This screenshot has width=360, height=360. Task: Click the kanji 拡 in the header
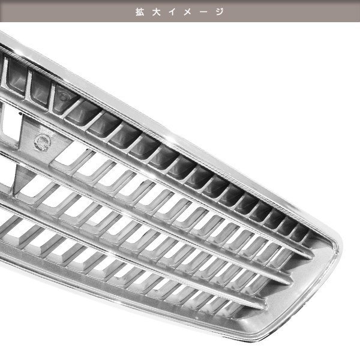(140, 12)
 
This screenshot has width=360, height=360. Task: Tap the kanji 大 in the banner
(156, 12)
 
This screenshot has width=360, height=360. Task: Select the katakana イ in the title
(172, 12)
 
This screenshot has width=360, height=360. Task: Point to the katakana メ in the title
(188, 12)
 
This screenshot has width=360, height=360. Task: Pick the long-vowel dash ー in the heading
(204, 12)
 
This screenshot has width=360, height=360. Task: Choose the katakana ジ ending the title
(220, 12)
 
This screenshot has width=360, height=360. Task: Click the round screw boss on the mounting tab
(43, 142)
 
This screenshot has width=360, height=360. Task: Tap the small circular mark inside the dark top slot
(64, 96)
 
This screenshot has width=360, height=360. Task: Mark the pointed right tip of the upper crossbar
(313, 256)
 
